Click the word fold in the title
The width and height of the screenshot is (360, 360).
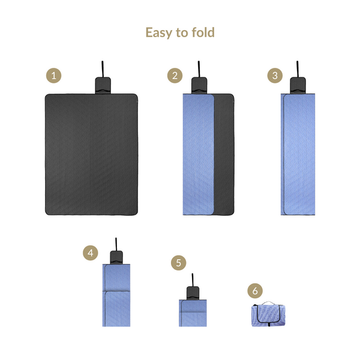201,32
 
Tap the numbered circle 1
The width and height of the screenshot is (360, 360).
54,76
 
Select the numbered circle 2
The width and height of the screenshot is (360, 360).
175,76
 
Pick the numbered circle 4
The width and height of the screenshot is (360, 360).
90,253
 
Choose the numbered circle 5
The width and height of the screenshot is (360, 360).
178,263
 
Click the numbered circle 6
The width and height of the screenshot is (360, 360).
255,290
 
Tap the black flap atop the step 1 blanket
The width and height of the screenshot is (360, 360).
103,85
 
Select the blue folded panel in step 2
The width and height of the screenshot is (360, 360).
198,155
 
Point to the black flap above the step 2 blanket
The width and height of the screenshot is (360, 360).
199,85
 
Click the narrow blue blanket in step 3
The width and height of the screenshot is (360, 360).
298,155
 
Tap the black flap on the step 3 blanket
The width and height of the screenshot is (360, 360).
298,85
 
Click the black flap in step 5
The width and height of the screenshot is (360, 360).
193,292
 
